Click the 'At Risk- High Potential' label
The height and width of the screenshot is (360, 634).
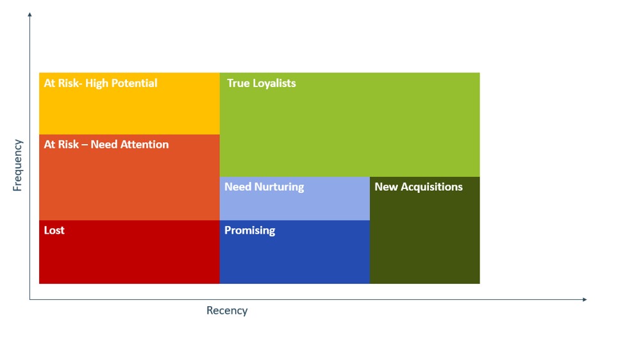pos(101,83)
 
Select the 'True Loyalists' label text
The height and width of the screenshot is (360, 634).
pos(261,83)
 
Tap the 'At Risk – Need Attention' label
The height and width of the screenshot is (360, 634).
pos(106,144)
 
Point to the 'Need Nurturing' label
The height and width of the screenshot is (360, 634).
pos(264,186)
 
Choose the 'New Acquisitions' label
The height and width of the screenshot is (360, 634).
pos(419,186)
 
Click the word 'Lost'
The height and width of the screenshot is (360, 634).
pos(54,231)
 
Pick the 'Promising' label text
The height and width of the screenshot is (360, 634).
pos(250,231)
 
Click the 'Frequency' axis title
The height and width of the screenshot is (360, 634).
pos(17,165)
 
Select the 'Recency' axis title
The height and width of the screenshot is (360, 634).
pos(227,310)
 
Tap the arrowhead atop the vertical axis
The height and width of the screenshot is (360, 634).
pos(29,15)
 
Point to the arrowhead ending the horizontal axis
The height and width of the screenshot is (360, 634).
pos(585,299)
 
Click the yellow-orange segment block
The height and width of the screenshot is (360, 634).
pos(129,104)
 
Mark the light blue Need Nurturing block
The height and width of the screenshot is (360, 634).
pos(295,199)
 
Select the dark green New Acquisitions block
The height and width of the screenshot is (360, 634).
pos(425,230)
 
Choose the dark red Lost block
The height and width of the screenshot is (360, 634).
pos(129,252)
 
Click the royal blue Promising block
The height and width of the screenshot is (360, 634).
pos(295,252)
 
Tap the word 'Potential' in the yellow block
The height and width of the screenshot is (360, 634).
pos(134,83)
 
